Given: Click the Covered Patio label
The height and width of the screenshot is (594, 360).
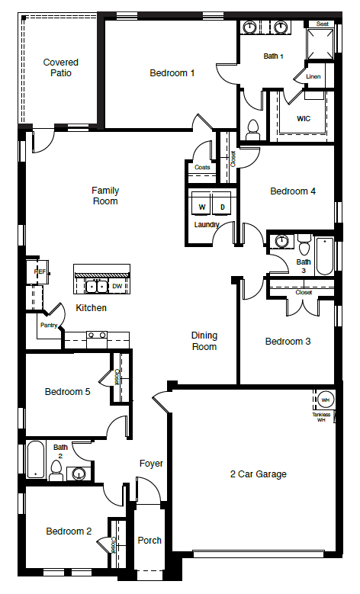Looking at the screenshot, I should (x=61, y=68).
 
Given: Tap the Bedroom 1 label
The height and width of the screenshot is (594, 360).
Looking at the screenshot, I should (x=172, y=73).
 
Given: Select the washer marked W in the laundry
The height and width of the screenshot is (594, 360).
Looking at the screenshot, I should (x=202, y=207).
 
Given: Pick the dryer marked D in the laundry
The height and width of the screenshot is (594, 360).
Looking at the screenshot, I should (x=222, y=207).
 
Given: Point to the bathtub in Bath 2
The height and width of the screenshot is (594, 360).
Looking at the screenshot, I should (x=36, y=459).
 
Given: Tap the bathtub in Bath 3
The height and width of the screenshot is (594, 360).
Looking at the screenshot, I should (x=325, y=256).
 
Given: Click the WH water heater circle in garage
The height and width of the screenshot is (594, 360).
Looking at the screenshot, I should (x=325, y=400).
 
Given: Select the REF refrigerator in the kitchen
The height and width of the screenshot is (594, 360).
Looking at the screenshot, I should (x=37, y=271).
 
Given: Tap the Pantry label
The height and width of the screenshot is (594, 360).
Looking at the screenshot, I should (x=50, y=325).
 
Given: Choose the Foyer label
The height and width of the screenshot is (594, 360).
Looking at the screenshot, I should (x=151, y=464).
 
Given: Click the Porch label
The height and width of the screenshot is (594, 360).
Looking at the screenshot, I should (x=149, y=541).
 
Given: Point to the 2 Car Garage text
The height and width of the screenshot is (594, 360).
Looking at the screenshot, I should (x=259, y=474).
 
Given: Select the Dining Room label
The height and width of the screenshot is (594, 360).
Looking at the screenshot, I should (x=204, y=341).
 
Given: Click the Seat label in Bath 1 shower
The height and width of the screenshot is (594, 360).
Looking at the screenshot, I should (x=322, y=24).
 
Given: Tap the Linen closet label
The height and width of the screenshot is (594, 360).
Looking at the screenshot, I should (x=313, y=77).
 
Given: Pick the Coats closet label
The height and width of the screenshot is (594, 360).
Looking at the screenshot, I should (x=202, y=167).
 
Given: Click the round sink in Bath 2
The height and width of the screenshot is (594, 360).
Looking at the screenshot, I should (x=79, y=474).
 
